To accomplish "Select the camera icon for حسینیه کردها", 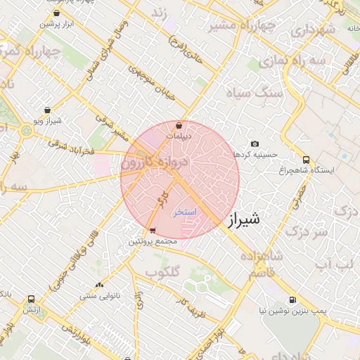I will click(x=254, y=143).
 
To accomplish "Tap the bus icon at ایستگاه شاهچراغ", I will click(x=306, y=160).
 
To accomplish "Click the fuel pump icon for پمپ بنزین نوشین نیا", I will click(x=293, y=300).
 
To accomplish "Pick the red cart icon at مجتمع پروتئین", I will click(x=153, y=231).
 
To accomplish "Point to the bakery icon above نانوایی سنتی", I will click(x=99, y=285).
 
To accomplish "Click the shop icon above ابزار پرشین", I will click(x=56, y=13).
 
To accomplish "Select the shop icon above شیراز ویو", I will click(x=47, y=110).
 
